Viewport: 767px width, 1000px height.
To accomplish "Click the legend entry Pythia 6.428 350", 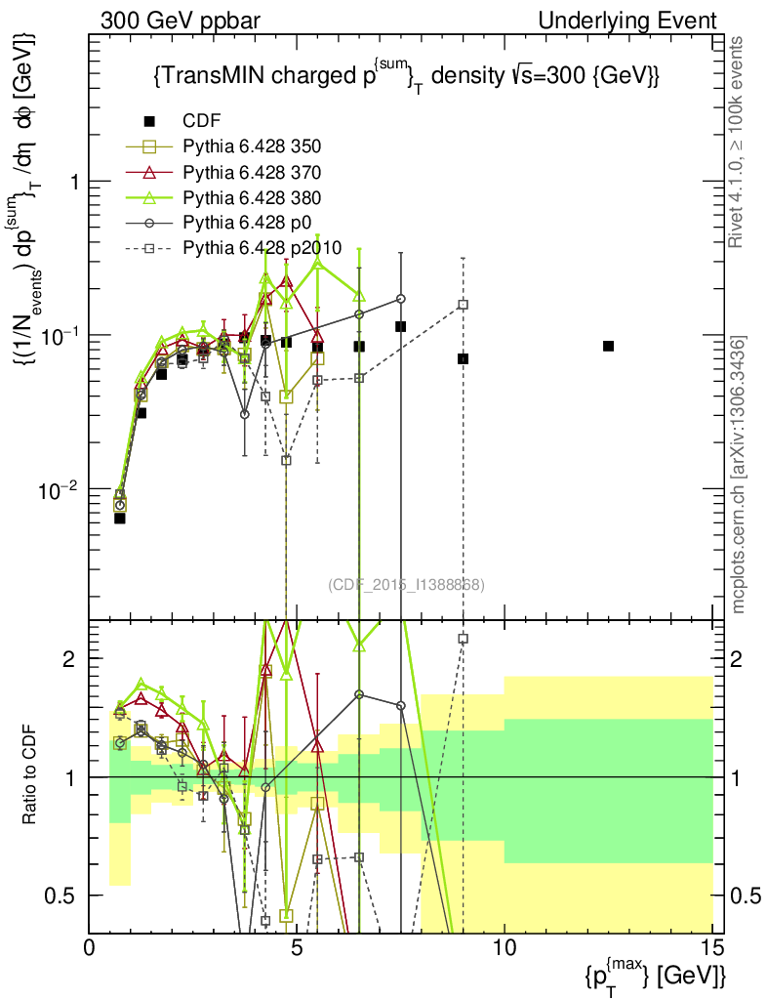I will pos(252,146).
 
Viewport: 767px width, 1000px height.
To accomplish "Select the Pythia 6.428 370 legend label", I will pos(252,172).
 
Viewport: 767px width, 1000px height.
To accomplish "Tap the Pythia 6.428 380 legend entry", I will pos(252,197).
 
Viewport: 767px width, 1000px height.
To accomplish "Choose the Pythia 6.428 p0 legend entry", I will pos(245,222).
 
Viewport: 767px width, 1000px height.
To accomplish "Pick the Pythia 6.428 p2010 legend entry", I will pos(262,247).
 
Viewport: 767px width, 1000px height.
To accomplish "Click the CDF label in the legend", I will pos(201,121).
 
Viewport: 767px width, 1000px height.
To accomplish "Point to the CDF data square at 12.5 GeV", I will pos(608,346).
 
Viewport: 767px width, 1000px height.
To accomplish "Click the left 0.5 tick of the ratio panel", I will pos(66,896).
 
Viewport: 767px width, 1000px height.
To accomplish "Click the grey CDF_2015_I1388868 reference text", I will pos(406,585).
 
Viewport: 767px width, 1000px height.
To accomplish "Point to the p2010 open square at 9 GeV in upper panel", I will pos(463,305).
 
